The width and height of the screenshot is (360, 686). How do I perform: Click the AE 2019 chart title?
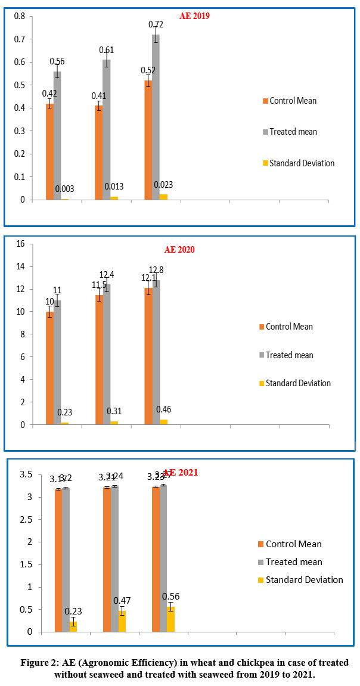194,16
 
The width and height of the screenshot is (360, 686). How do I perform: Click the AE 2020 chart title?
179,250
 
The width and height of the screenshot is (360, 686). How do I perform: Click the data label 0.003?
65,189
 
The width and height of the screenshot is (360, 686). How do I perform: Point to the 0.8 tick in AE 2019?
20,16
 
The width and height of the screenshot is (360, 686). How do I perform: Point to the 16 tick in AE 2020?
20,243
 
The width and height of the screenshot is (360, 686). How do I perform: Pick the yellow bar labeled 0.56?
170,619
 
